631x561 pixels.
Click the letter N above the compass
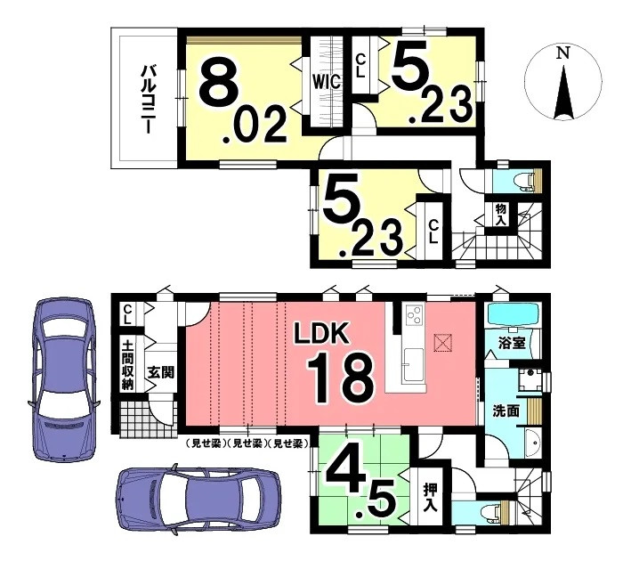point(563,53)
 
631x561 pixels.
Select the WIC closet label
point(328,82)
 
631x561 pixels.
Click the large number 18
point(341,378)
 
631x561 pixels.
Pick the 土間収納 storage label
point(127,365)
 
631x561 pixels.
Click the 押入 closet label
point(430,497)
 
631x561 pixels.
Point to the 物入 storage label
point(500,215)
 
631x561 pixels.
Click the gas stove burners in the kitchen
point(414,314)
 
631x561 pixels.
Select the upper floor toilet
point(526,179)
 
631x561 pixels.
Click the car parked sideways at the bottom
point(198,501)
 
